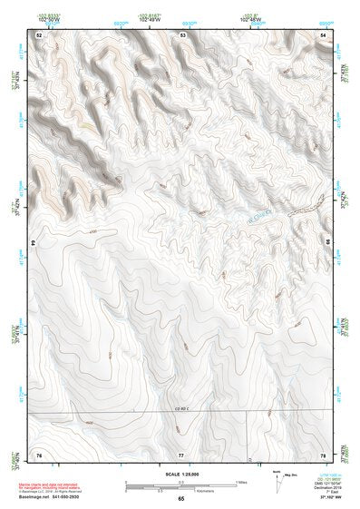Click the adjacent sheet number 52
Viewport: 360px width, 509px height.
pyautogui.click(x=39, y=34)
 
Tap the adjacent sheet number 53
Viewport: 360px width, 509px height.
pyautogui.click(x=183, y=34)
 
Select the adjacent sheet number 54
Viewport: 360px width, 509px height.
pyautogui.click(x=323, y=34)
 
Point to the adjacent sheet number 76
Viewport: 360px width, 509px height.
pyautogui.click(x=39, y=453)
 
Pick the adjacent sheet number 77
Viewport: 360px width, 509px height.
pyautogui.click(x=181, y=453)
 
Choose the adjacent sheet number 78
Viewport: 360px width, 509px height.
pyautogui.click(x=323, y=453)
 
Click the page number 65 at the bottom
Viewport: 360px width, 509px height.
pyautogui.click(x=181, y=499)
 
